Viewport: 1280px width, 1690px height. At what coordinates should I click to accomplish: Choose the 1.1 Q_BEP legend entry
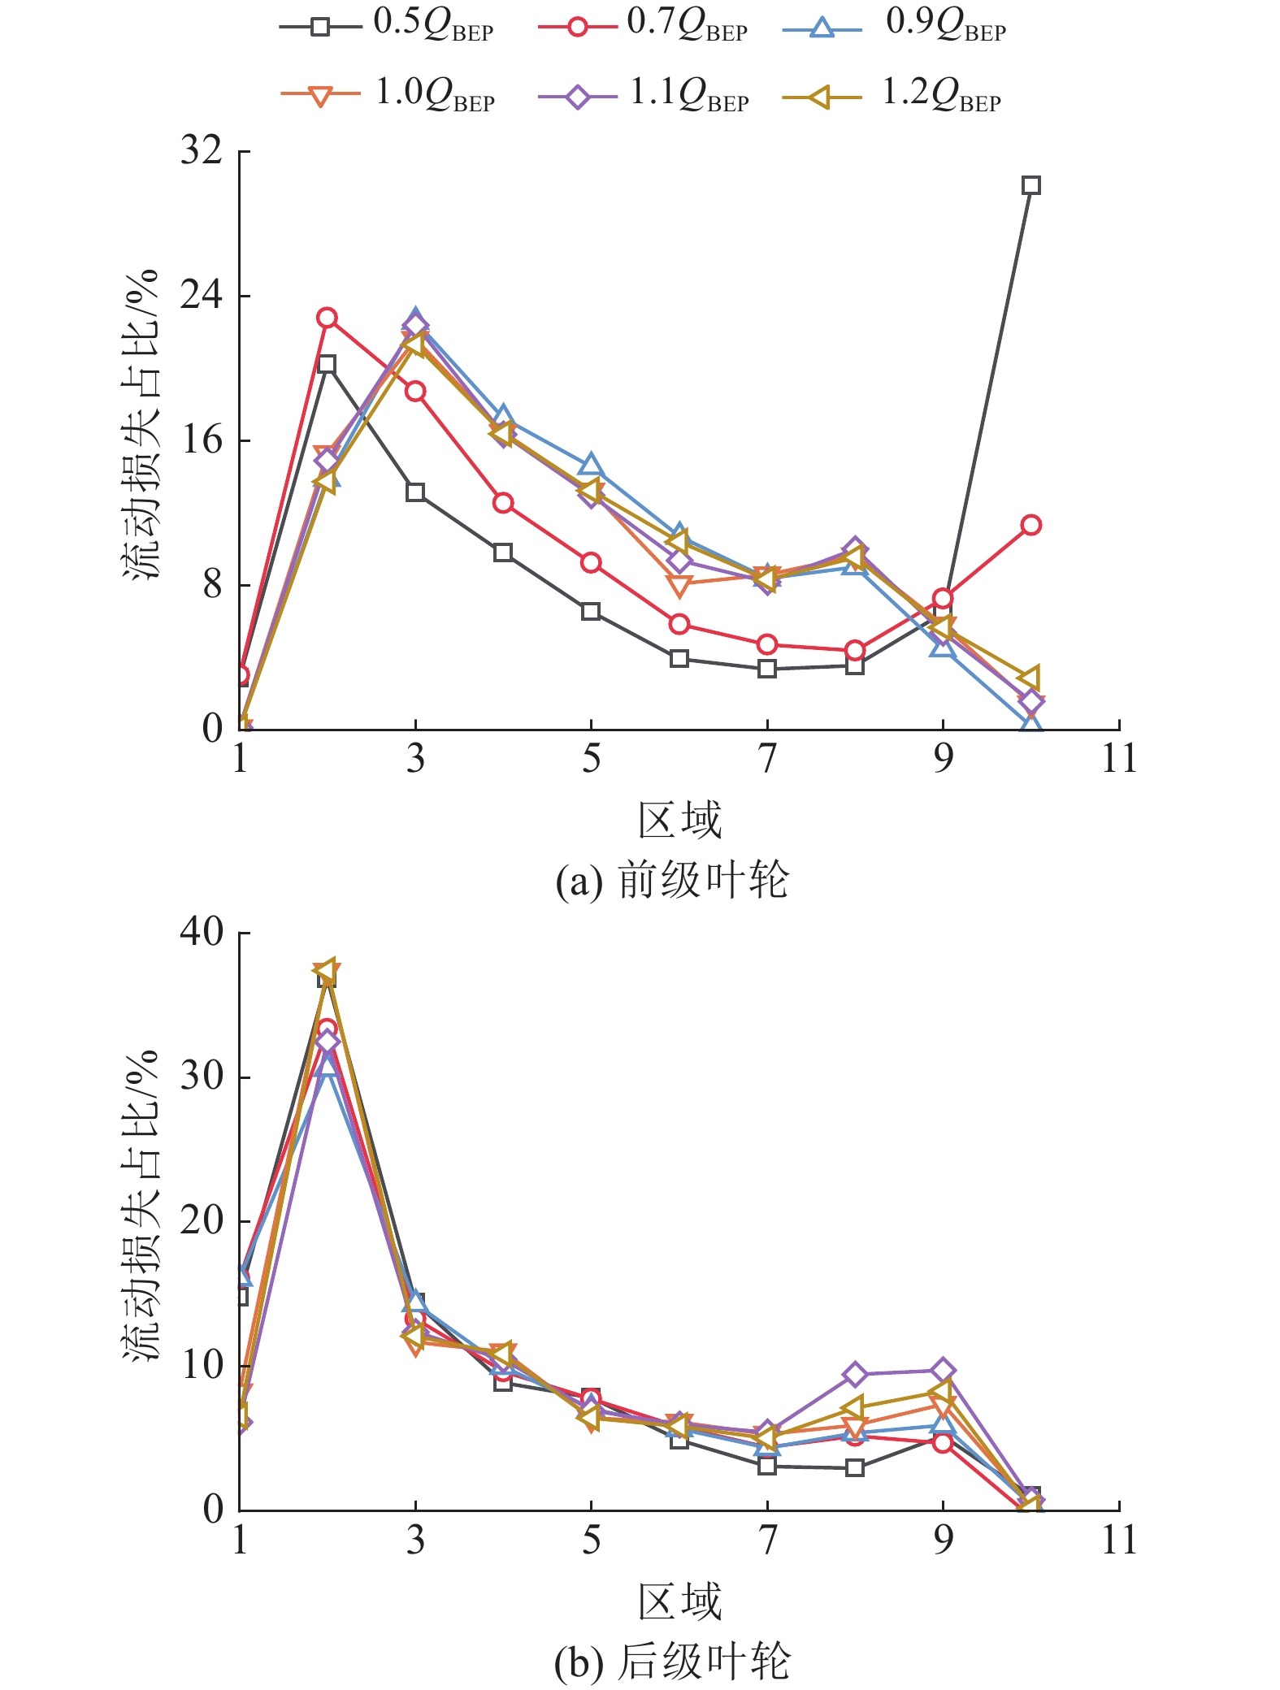642,96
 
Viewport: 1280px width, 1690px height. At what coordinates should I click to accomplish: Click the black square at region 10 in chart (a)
1031,185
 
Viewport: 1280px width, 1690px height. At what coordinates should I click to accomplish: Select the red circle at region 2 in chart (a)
327,318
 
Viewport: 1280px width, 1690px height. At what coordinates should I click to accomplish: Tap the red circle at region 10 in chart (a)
1031,525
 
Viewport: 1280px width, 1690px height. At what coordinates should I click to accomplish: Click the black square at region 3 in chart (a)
415,492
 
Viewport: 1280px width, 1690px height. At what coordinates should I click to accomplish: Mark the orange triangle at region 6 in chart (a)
679,585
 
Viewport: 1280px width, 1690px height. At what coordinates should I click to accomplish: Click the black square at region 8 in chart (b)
854,1467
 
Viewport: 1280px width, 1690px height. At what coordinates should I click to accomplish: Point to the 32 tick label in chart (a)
202,151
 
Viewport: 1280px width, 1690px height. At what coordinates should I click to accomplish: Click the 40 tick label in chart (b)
202,932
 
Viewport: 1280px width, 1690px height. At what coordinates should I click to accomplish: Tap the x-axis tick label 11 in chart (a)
1118,760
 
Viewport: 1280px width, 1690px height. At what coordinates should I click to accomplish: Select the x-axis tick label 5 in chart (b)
591,1540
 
